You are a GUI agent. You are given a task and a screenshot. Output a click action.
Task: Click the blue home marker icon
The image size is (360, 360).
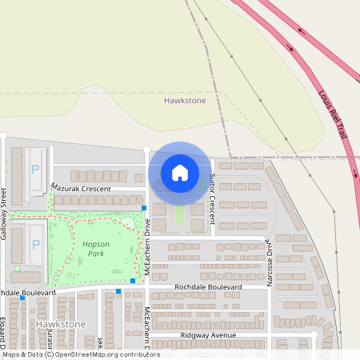click(x=180, y=173)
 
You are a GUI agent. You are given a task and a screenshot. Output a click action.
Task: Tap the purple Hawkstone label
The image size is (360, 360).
click(x=185, y=101)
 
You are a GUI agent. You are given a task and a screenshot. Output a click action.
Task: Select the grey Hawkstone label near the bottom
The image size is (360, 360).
click(x=61, y=324)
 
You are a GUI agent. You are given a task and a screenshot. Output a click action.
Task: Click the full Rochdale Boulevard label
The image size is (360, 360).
click(x=207, y=286)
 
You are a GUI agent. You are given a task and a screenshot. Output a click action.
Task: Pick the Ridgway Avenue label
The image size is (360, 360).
click(x=208, y=334)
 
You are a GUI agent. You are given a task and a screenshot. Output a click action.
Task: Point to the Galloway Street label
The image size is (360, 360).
click(x=4, y=205)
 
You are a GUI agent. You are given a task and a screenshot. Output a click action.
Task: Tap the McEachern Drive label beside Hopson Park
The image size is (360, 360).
click(x=148, y=249)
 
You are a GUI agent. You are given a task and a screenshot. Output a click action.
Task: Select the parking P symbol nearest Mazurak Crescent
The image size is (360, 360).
click(x=35, y=170)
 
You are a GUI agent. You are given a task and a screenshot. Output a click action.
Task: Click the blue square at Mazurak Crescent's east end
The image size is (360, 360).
click(x=144, y=208)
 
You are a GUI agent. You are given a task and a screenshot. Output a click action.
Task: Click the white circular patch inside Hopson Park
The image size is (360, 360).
click(x=127, y=222)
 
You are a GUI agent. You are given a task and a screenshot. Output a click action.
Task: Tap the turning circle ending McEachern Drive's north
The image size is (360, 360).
click(x=146, y=149)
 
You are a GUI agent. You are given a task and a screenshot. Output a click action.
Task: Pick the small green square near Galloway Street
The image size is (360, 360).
click(x=16, y=268)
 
